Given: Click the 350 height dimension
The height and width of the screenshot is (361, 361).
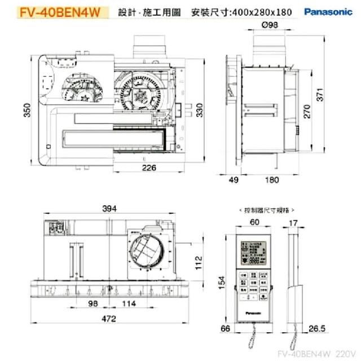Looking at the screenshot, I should coord(27,112).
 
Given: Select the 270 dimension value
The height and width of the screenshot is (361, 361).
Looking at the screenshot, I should coord(307,111).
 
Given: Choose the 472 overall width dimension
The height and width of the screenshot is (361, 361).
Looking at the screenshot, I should coord(109,319).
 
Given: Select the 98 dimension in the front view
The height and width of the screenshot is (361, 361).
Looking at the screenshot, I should coord(94,303).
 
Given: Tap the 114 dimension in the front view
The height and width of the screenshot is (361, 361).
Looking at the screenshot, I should coord(129,303).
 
